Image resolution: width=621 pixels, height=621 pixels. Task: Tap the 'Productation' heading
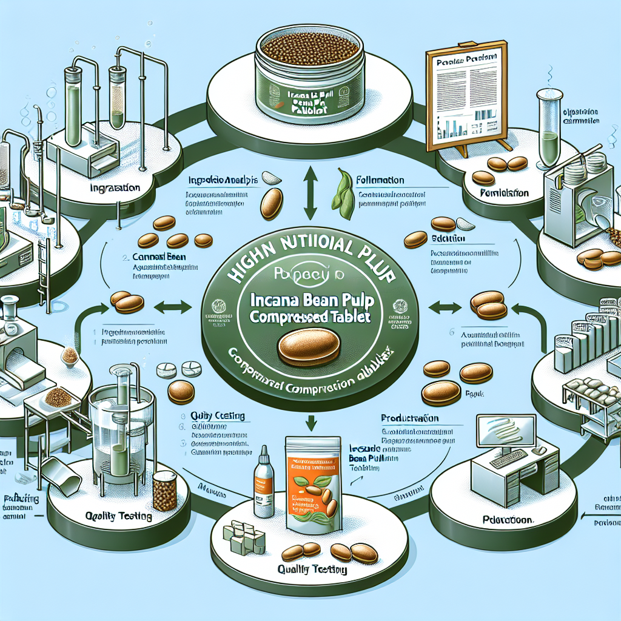pyautogui.click(x=409, y=419)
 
